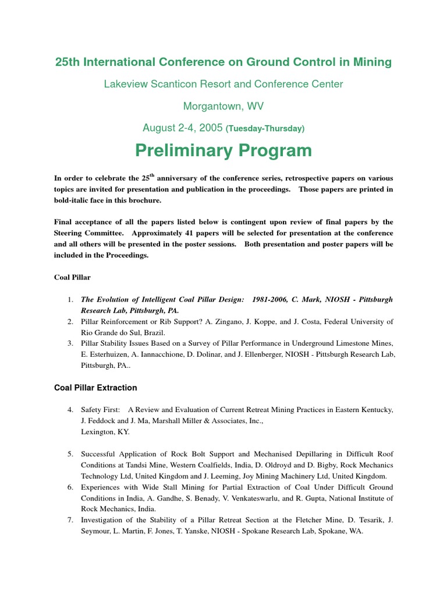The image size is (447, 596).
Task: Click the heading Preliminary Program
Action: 223,151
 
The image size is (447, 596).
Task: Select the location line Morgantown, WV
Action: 223,106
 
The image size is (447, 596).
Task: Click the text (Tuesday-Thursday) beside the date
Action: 265,128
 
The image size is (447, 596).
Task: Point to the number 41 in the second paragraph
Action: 218,233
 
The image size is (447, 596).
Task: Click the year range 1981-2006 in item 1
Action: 274,299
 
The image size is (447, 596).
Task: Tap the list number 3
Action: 70,343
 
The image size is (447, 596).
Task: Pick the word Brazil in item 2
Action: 151,332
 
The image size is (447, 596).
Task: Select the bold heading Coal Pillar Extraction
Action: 95,388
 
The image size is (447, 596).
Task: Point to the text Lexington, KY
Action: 106,432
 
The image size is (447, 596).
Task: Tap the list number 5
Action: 70,454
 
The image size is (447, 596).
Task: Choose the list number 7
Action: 70,520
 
